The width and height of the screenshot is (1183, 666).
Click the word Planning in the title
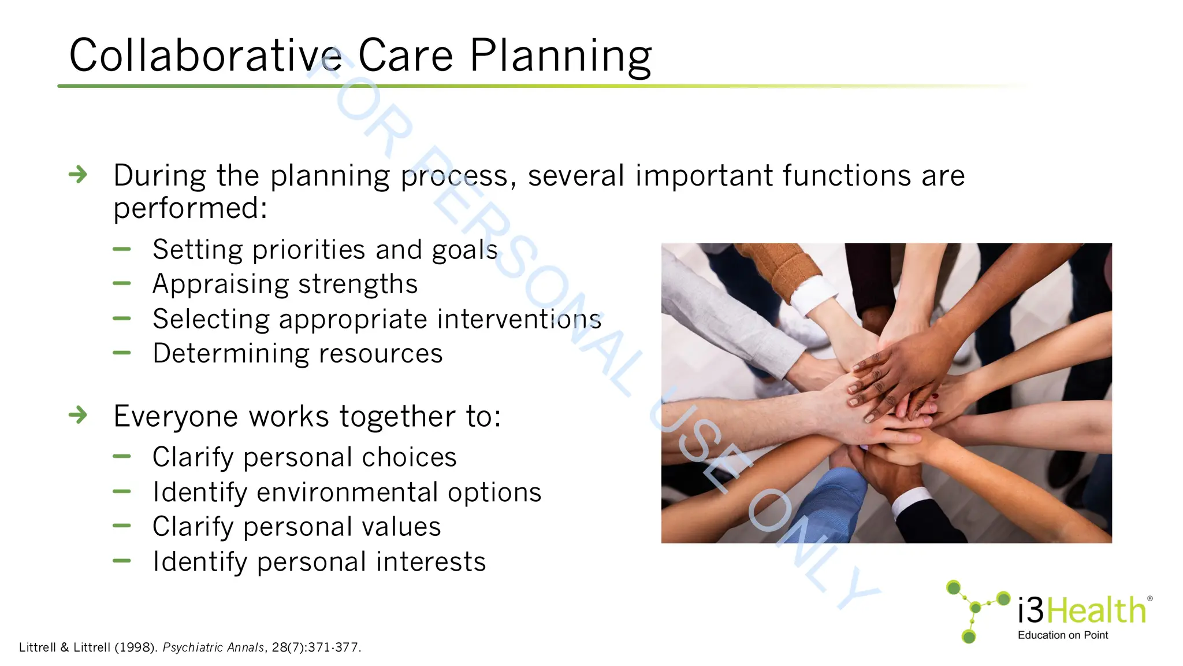coord(560,57)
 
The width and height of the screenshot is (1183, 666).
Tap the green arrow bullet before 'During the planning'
coord(78,174)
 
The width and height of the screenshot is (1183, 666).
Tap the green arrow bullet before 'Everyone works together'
coord(78,415)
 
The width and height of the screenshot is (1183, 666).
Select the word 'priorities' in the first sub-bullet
coord(308,250)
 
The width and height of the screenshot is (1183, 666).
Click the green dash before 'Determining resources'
coord(122,353)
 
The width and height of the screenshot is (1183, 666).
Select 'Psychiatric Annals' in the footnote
coord(213,647)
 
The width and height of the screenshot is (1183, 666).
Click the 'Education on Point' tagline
coord(1062,635)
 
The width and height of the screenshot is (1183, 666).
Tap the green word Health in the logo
coord(1096,610)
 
